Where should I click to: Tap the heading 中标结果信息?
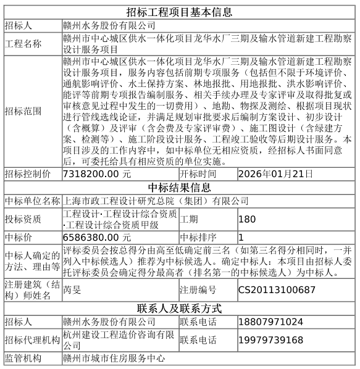click(x=179, y=188)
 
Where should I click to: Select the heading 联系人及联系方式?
click(x=179, y=309)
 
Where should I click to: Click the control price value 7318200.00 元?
click(x=96, y=174)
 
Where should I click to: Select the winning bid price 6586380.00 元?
click(x=96, y=236)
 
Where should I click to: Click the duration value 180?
click(x=246, y=219)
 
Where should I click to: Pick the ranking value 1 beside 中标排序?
click(x=241, y=236)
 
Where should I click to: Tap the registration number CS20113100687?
click(x=277, y=289)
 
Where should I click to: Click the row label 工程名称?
click(x=23, y=44)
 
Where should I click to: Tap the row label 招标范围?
click(x=23, y=112)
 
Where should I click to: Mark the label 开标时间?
click(x=198, y=174)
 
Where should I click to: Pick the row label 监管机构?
click(x=23, y=359)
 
